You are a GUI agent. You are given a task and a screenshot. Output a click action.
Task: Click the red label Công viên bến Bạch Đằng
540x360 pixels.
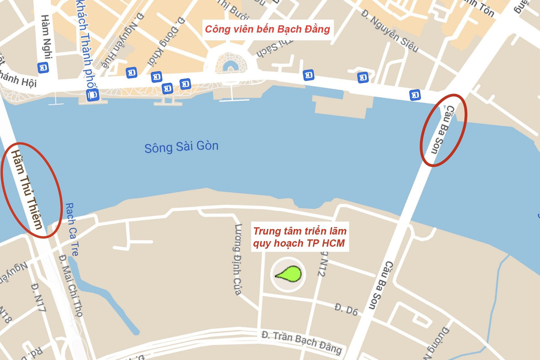click(267, 29)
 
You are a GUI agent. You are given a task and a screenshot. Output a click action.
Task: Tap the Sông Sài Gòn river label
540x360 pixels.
click(181, 147)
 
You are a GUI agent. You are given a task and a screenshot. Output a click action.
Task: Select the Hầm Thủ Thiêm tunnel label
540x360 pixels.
click(26, 189)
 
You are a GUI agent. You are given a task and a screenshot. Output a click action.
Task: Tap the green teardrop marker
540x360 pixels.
click(289, 274)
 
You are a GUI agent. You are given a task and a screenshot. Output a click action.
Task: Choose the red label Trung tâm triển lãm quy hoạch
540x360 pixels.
click(300, 237)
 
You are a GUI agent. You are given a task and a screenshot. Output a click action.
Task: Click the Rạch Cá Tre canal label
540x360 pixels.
click(72, 229)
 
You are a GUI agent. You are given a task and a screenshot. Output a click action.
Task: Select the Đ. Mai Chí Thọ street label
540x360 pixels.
click(71, 286)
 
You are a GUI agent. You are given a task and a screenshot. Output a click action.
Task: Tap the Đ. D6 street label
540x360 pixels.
click(346, 309)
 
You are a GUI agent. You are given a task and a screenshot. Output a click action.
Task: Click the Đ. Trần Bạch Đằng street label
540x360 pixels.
click(301, 342)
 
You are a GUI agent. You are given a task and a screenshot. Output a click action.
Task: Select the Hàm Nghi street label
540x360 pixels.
click(46, 37)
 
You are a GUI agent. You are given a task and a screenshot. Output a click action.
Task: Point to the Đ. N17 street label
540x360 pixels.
click(39, 298)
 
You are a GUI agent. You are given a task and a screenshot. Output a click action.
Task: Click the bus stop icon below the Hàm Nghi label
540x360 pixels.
click(43, 68)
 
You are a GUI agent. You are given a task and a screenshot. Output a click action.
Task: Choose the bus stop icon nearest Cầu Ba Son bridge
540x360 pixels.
click(415, 94)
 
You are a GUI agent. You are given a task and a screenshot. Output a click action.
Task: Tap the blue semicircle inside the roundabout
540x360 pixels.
click(230, 66)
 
